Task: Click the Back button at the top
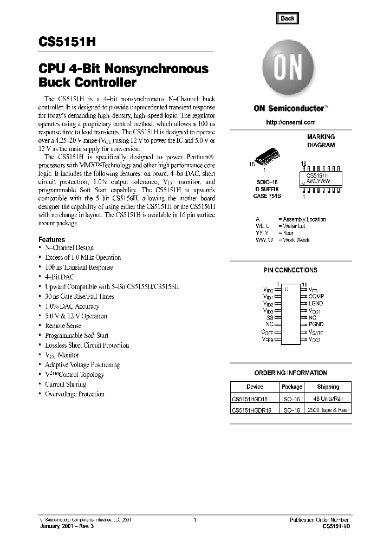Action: click(287, 18)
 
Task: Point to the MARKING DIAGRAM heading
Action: click(321, 141)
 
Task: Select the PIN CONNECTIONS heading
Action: click(290, 270)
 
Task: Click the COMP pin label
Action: click(316, 297)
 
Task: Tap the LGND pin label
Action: click(316, 304)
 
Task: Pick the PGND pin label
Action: click(316, 324)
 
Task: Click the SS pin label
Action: click(270, 317)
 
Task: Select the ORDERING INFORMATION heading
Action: click(290, 373)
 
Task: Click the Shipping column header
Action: click(328, 387)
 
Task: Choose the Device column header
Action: click(255, 387)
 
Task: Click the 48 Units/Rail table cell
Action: click(328, 399)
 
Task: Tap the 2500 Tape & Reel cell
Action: click(328, 410)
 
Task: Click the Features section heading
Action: click(51, 239)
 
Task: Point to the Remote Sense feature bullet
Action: click(63, 326)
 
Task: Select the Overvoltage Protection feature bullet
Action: click(75, 394)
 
